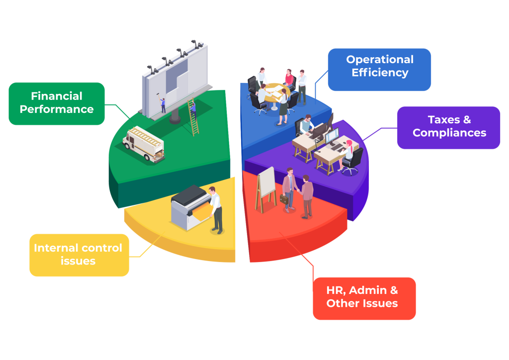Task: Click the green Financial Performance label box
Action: (x=57, y=103)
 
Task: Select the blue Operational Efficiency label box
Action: (x=379, y=69)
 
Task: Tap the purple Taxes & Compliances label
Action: (x=448, y=127)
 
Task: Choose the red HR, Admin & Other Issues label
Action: (x=364, y=298)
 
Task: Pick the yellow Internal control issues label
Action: (x=79, y=255)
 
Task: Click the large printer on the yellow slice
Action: (x=188, y=209)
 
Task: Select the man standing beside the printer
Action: (x=215, y=209)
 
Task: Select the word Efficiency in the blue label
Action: (x=380, y=73)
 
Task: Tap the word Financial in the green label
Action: (x=57, y=96)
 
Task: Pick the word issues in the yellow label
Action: (x=78, y=261)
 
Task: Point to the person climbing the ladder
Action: (x=193, y=109)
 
